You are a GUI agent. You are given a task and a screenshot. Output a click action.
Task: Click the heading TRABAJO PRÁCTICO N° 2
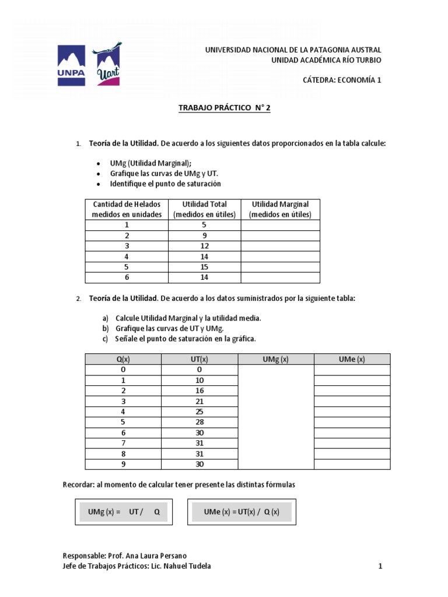tap(224, 108)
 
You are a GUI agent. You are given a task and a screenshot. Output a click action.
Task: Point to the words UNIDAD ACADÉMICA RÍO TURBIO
tap(327, 60)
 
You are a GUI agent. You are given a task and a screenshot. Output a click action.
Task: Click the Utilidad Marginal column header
tap(280, 209)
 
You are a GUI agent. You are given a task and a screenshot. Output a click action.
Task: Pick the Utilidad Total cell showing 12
tap(204, 246)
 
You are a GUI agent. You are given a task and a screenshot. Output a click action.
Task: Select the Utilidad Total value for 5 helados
tap(204, 267)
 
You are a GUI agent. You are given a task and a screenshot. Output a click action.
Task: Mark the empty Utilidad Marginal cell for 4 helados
tap(280, 257)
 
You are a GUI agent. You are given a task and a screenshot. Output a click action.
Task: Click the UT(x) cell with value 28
tap(199, 422)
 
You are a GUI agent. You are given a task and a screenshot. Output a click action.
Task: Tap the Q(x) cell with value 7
tap(123, 443)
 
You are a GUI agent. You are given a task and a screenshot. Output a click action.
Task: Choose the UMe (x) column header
tap(352, 359)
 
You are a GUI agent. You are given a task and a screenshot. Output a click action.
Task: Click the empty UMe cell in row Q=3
tap(352, 401)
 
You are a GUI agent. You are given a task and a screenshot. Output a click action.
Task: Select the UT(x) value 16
tap(199, 391)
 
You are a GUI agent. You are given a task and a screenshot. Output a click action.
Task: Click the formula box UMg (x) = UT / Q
tap(124, 512)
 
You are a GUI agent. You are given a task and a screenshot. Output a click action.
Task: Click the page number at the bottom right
tap(380, 566)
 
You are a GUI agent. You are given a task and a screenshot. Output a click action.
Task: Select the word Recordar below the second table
tap(79, 485)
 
